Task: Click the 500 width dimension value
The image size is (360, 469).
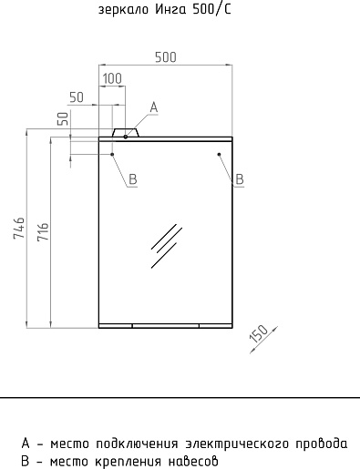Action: [166, 57]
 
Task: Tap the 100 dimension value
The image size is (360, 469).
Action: [112, 78]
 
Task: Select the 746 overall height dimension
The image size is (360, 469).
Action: [19, 228]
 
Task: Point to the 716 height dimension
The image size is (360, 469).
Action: [43, 232]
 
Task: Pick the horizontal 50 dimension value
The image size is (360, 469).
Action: [77, 97]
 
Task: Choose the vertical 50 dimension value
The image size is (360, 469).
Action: [63, 118]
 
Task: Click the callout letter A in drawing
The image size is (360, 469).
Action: [154, 107]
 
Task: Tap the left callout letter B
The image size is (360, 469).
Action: [133, 179]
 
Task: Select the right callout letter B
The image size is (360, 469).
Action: [240, 179]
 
